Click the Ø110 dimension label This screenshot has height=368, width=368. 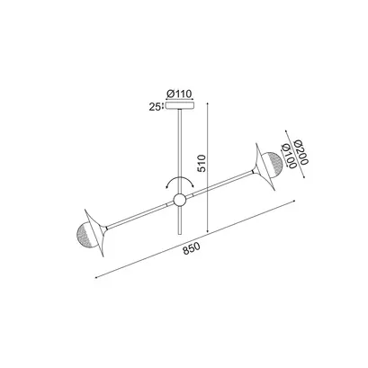coord(179,94)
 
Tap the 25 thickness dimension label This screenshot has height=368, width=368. coord(155,107)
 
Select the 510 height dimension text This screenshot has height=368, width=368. coord(202,163)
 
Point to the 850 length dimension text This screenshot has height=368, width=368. coord(191,249)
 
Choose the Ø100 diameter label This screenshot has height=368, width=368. coord(287,156)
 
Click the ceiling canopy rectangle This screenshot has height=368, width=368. coord(180,105)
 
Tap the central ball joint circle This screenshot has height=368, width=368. coord(180,200)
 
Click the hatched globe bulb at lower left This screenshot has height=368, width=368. coord(85,234)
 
